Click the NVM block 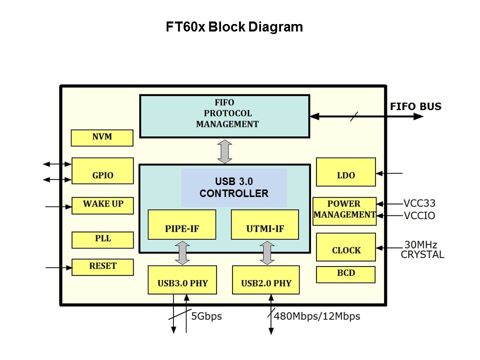pyautogui.click(x=102, y=137)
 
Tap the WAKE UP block pyautogui.click(x=103, y=205)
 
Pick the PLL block pyautogui.click(x=102, y=240)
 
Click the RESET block pyautogui.click(x=102, y=267)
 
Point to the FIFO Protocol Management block pyautogui.click(x=224, y=116)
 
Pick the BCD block pyautogui.click(x=345, y=274)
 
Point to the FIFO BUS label pyautogui.click(x=415, y=106)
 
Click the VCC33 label pyautogui.click(x=419, y=203)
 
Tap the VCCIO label pyautogui.click(x=419, y=216)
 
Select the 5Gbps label pyautogui.click(x=206, y=316)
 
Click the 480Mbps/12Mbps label pyautogui.click(x=317, y=316)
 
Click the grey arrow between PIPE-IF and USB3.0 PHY pyautogui.click(x=182, y=252)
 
